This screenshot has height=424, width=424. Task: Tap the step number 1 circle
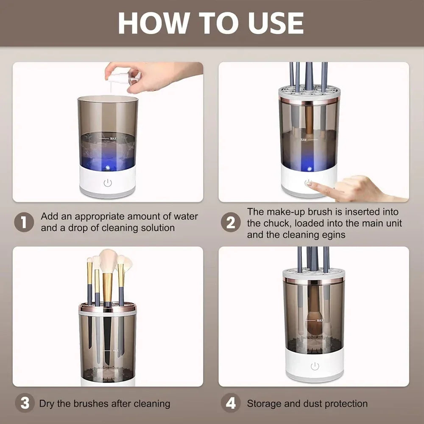(24, 222)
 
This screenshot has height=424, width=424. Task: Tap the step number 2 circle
(230, 222)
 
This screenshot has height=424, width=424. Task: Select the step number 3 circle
(24, 403)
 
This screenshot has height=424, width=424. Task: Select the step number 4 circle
(230, 403)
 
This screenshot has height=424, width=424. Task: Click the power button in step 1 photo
(108, 183)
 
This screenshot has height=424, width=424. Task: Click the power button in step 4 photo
(314, 366)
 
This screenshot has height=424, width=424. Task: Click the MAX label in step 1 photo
(113, 139)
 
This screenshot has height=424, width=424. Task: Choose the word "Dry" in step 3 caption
(47, 404)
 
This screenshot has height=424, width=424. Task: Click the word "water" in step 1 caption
(186, 216)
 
